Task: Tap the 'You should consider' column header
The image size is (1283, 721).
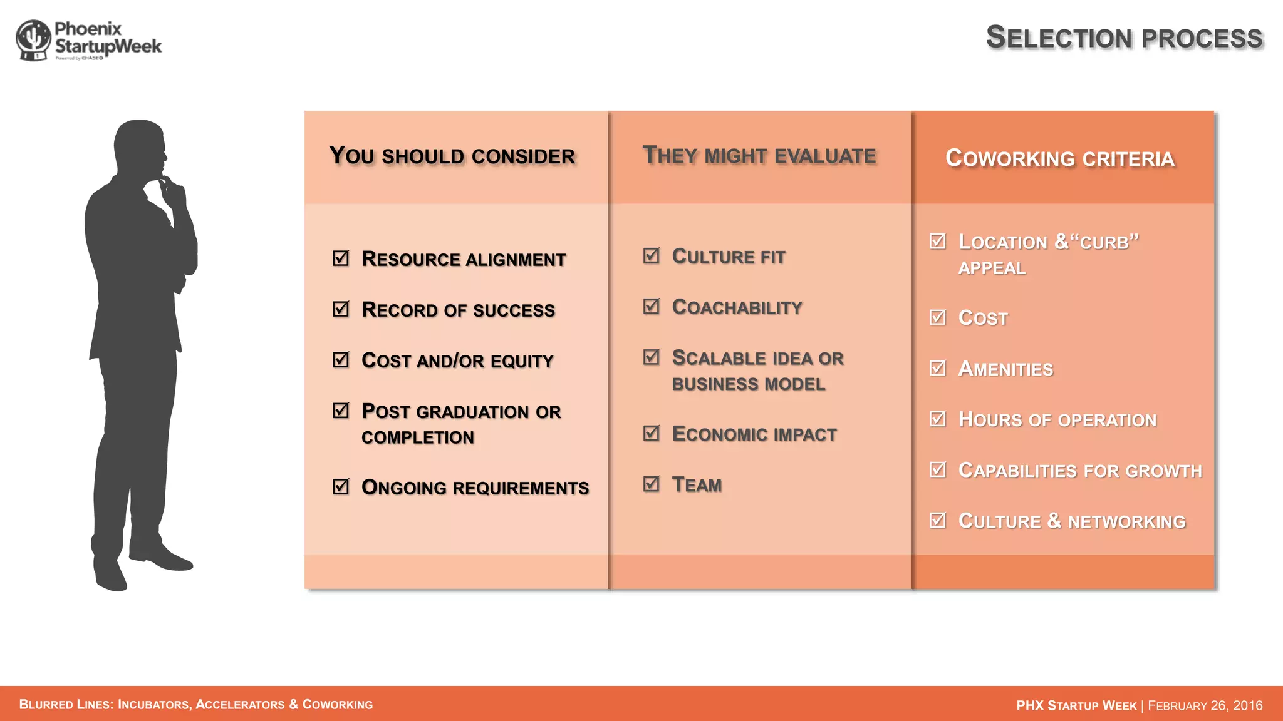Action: coord(452,156)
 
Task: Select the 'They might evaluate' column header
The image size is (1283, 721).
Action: coord(759,155)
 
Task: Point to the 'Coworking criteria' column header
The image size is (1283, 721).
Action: coord(1060,158)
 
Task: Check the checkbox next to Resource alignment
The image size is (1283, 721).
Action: coord(341,258)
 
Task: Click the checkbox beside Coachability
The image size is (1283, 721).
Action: coord(652,306)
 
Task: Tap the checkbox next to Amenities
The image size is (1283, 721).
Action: coord(938,368)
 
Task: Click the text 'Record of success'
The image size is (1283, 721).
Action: coord(458,310)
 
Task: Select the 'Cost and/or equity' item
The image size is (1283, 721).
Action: coord(457,360)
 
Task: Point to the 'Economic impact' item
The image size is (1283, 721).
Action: coord(754,434)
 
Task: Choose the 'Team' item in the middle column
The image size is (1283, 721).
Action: coord(697,484)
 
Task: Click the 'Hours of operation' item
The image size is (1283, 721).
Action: coord(1057,419)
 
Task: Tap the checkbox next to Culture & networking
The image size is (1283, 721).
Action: coord(938,520)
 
